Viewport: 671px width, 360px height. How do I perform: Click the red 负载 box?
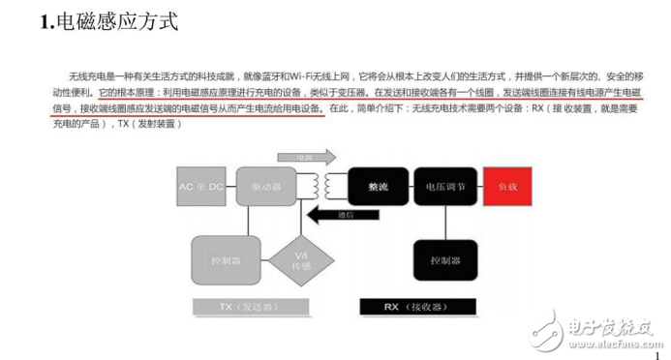point(506,185)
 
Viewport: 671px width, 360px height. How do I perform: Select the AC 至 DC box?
point(200,185)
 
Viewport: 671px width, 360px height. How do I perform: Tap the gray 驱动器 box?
point(266,185)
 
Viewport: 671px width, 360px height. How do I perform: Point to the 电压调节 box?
point(444,185)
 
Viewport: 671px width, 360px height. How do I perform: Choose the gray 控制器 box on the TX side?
point(220,259)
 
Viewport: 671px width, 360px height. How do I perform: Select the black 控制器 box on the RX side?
point(445,258)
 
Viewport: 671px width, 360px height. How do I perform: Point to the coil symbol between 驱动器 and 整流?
point(322,184)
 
